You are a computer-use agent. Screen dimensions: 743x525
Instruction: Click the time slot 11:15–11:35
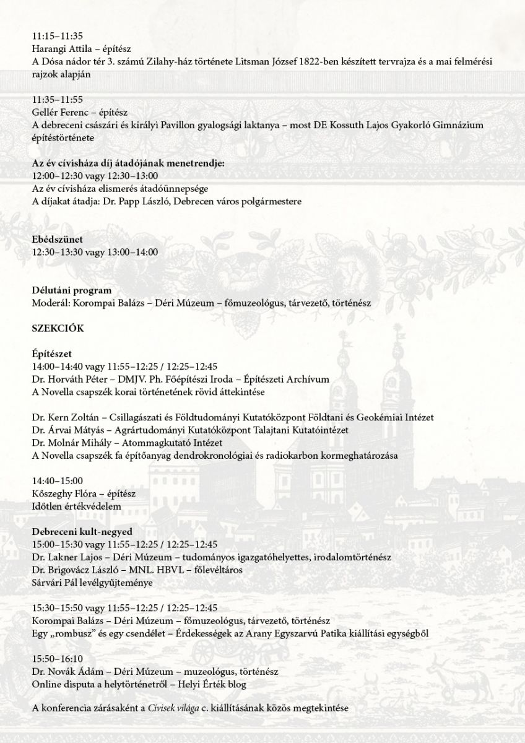pos(58,36)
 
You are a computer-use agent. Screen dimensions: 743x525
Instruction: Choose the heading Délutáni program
pos(72,290)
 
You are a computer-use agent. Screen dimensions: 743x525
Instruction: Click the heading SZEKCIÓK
pos(58,328)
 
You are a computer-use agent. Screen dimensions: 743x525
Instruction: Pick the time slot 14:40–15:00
pos(58,480)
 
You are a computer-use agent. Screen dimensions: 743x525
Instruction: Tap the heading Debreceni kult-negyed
pos(82,531)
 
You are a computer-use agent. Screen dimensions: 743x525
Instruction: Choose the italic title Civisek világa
pos(176,709)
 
